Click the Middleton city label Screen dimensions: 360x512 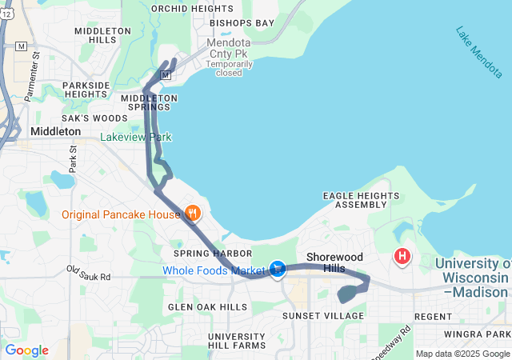[x=55, y=130]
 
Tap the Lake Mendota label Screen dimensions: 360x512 [x=479, y=53]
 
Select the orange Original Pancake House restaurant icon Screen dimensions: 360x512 [x=192, y=214]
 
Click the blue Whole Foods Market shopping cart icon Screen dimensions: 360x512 [x=278, y=269]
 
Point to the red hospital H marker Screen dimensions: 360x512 [x=402, y=257]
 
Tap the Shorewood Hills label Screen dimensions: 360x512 [x=334, y=262]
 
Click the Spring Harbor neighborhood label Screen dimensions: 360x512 [x=202, y=254]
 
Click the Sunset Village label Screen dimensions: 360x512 [x=323, y=316]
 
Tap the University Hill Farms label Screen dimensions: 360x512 [x=236, y=341]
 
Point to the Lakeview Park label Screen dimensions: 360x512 [x=135, y=138]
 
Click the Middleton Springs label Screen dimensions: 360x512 [x=149, y=102]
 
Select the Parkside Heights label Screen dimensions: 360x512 [x=86, y=90]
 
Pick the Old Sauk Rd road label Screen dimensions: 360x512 [x=88, y=273]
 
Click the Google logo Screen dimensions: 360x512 [x=26, y=350]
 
